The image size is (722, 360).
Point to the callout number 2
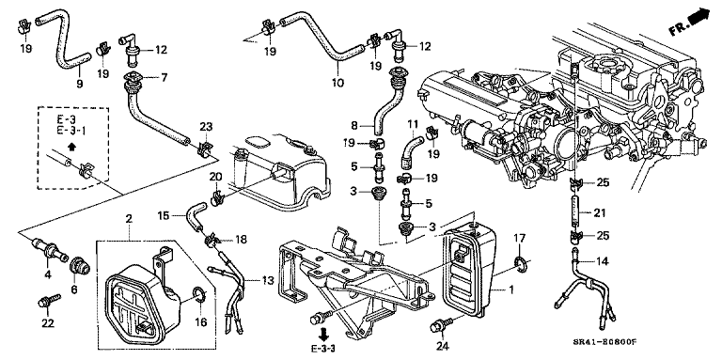[129, 218]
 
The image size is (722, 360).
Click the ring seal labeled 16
[200, 292]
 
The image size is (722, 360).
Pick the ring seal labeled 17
[522, 264]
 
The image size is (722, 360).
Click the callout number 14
[603, 261]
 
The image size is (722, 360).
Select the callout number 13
[268, 281]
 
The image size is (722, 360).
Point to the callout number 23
[206, 126]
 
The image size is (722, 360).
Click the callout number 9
[80, 84]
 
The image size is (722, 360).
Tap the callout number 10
[337, 83]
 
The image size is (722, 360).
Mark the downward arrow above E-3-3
[326, 333]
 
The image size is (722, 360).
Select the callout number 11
[412, 123]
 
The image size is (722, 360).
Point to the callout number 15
[164, 214]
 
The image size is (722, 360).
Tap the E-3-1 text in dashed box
[71, 131]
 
